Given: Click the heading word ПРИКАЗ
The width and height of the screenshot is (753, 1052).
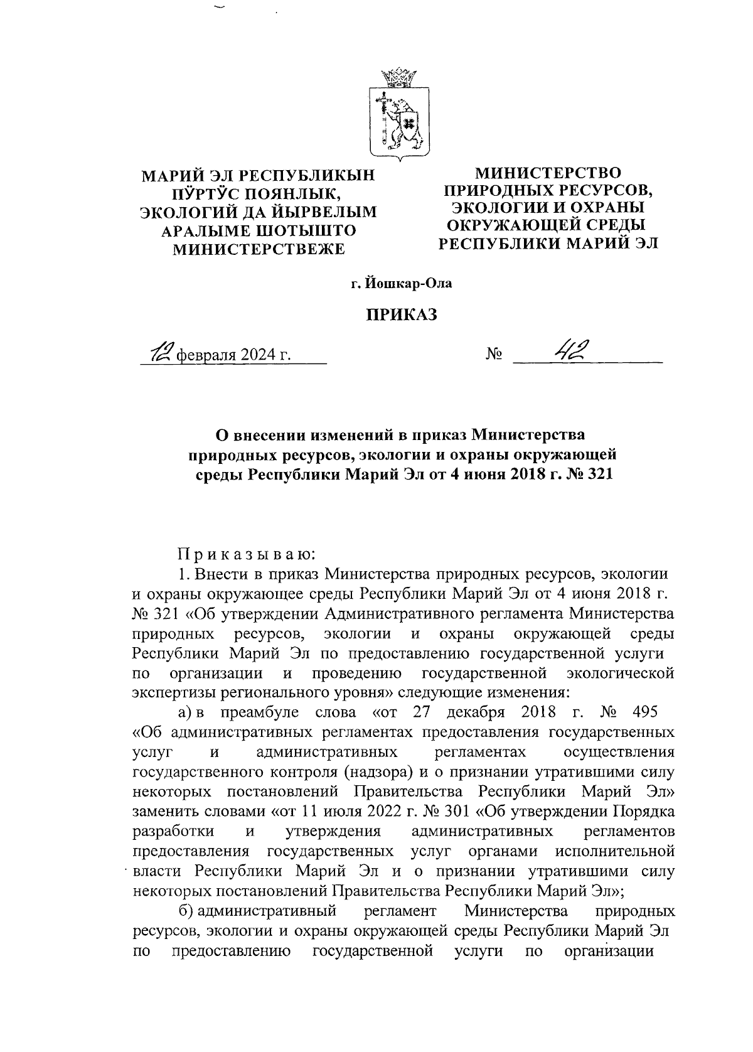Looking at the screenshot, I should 401,315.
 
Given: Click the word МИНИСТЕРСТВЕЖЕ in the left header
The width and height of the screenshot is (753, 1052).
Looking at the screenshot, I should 259,249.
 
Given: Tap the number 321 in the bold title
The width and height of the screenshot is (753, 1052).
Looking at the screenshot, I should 597,474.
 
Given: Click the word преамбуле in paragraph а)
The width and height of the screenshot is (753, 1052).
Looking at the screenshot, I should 248,713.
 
